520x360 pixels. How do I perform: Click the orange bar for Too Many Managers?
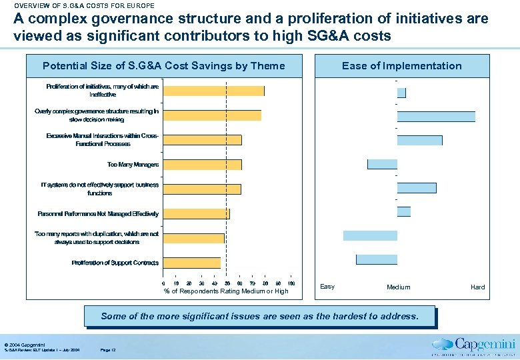(203, 165)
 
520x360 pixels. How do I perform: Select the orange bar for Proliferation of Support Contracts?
(192, 263)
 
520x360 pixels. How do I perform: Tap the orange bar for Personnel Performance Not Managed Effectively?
(197, 214)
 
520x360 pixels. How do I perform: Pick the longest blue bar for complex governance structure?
(436, 116)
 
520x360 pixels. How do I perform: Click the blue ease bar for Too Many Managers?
(382, 164)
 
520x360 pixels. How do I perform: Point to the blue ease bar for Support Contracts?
(377, 259)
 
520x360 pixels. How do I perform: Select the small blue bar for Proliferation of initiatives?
(401, 93)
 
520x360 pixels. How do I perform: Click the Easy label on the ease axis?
(327, 287)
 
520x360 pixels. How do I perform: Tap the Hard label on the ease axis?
(478, 287)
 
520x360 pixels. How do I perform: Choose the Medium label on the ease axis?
(399, 287)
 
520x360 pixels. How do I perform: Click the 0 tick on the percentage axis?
(164, 283)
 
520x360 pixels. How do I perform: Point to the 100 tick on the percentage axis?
(291, 283)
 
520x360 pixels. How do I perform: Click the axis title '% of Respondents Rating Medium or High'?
(227, 291)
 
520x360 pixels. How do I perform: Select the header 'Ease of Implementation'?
(401, 66)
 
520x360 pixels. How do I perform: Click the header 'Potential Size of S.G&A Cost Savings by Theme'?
(163, 66)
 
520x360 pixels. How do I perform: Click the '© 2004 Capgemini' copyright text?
(24, 343)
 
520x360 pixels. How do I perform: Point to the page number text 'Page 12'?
(107, 350)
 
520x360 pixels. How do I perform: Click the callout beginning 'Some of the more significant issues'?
(259, 316)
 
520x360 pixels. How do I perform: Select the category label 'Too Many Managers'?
(133, 165)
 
